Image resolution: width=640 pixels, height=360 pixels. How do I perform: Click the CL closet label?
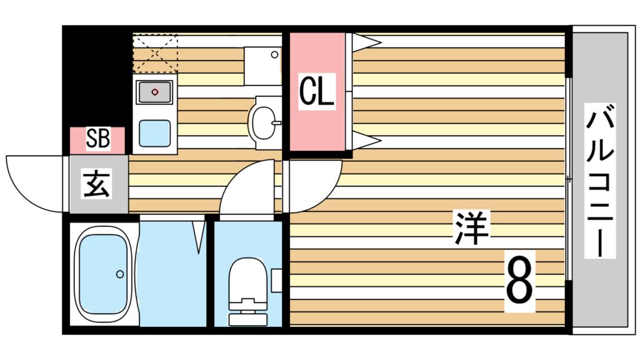(x=317, y=91)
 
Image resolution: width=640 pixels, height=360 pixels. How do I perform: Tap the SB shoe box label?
(x=97, y=139)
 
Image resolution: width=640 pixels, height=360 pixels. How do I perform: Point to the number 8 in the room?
(x=519, y=281)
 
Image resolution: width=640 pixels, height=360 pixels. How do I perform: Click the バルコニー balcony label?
(x=600, y=181)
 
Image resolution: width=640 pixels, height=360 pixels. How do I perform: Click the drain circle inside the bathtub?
(x=119, y=274)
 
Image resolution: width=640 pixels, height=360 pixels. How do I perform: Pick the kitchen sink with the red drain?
(x=154, y=92)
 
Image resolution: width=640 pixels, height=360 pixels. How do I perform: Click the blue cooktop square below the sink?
(x=154, y=133)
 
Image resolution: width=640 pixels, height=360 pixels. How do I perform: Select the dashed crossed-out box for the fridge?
(x=155, y=54)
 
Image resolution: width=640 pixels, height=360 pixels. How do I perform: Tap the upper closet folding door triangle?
(x=366, y=42)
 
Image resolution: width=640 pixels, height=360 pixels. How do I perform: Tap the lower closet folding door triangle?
(x=366, y=141)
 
